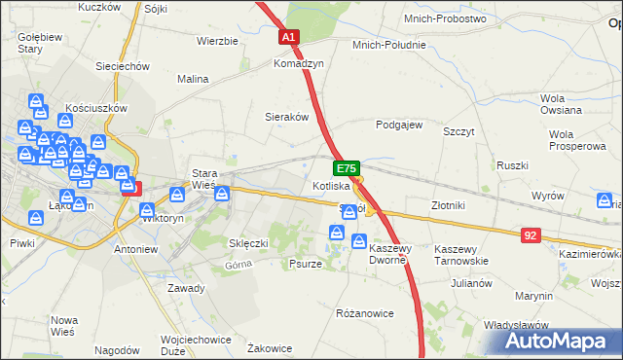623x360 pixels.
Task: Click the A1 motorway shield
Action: tap(288, 38)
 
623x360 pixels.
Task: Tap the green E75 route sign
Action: tap(348, 168)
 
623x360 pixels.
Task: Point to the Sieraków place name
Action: tap(287, 116)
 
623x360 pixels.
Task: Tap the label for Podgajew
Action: tap(399, 125)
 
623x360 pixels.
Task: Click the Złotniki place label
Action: tap(450, 205)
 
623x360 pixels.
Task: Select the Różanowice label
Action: tap(364, 313)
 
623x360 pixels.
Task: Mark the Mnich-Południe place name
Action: tap(390, 45)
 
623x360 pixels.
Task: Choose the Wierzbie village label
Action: tap(217, 41)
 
